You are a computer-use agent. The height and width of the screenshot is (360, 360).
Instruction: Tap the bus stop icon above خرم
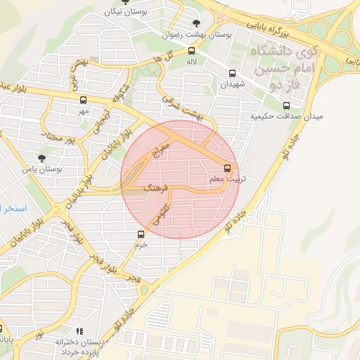[141, 234]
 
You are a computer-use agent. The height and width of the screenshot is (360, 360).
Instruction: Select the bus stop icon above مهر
[83, 100]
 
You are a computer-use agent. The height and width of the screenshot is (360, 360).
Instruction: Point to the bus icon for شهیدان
[232, 73]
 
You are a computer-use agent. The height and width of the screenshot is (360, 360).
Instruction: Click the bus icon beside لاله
[192, 51]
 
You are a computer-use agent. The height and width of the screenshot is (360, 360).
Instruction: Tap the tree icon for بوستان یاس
[41, 158]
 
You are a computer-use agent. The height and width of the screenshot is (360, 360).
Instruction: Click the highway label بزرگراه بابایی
[267, 27]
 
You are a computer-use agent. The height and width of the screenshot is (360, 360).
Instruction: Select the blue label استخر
[13, 209]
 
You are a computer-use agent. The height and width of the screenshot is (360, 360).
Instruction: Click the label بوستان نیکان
[117, 11]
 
